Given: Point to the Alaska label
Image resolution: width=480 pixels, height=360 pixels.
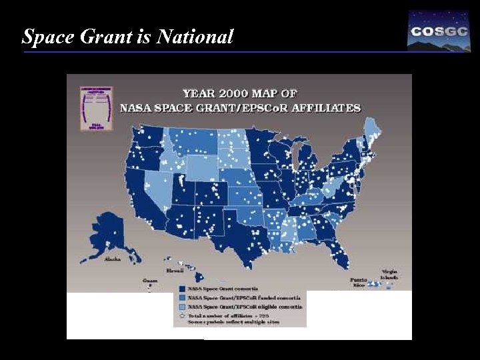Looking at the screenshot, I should pos(113,259).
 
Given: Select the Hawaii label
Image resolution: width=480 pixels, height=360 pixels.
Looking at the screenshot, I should pos(174,271).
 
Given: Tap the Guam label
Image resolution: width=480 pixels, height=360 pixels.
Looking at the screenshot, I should pos(150,281).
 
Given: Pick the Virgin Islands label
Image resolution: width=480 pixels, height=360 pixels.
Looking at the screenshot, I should pos(390,274).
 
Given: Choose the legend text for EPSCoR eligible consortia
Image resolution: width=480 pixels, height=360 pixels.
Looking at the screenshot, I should pos(245,306).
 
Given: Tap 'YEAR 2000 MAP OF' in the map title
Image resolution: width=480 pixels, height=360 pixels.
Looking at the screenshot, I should pos(240,93).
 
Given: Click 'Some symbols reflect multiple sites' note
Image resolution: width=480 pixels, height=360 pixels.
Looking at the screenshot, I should pos(234,322).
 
